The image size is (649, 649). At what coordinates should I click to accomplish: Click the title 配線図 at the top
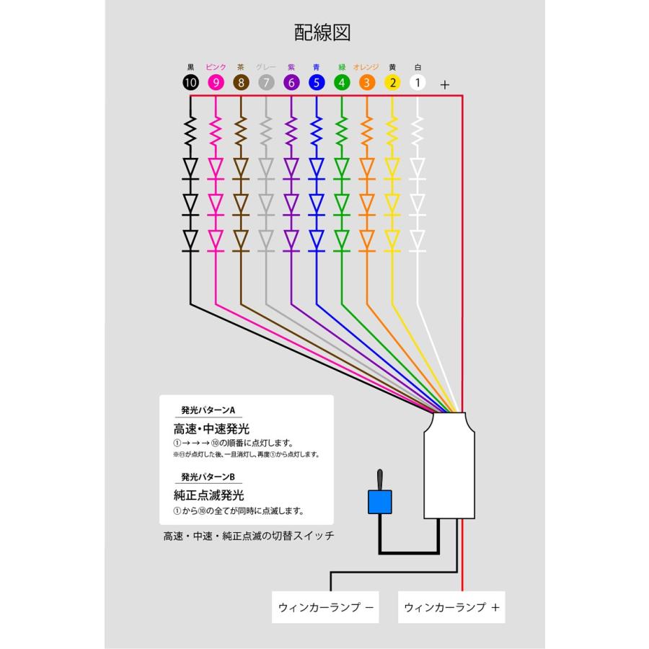point(322,32)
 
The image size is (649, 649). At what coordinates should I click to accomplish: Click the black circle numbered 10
point(190,82)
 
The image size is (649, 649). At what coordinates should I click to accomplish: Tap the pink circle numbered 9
point(216,82)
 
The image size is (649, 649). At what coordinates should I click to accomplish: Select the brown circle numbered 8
point(241,82)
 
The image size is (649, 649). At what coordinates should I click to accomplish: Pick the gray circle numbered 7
point(266,82)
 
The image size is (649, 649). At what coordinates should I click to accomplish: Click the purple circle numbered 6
point(291,82)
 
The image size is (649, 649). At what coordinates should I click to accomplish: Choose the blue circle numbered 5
point(317,82)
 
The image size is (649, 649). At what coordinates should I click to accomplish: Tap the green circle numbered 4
point(342,82)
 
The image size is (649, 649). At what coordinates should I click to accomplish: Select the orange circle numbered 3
point(367,82)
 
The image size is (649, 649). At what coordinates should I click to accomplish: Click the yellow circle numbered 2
point(392,82)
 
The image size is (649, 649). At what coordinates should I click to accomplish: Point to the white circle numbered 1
point(418,82)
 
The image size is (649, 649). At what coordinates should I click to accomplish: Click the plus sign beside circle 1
point(445,84)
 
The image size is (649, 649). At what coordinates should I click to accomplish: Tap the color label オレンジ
point(367,67)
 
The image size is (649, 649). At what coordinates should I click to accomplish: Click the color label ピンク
point(216,67)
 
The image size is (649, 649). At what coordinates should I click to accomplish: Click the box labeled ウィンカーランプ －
point(326,607)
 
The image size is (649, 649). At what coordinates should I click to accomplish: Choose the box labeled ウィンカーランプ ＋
point(452,607)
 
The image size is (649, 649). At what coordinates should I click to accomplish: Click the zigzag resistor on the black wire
point(190,132)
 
